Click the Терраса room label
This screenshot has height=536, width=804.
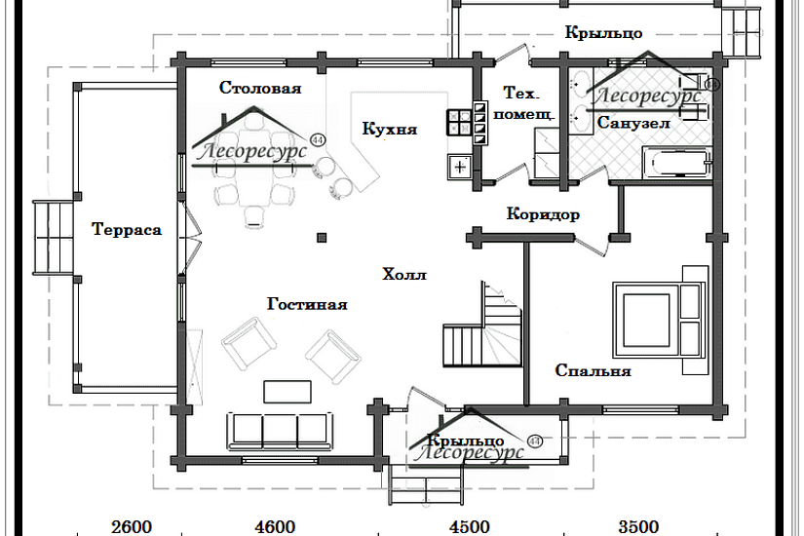click(x=127, y=230)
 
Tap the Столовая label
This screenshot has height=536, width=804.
click(x=259, y=88)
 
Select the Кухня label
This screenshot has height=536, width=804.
click(x=390, y=128)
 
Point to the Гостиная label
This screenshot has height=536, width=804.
click(x=307, y=304)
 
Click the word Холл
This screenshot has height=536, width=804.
click(x=405, y=275)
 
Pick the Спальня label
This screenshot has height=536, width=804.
click(x=593, y=371)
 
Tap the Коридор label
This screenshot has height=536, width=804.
click(x=544, y=214)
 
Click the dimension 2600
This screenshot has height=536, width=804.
click(x=132, y=527)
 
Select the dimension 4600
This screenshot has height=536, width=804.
click(x=275, y=527)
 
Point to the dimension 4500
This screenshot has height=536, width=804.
click(x=470, y=527)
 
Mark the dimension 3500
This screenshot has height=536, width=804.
click(x=638, y=527)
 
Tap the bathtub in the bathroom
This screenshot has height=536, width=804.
click(x=674, y=163)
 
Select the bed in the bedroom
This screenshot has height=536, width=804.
click(x=656, y=319)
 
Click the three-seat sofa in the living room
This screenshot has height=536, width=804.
click(x=280, y=429)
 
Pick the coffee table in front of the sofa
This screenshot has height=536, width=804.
click(x=287, y=391)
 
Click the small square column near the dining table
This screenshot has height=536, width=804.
click(x=322, y=237)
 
